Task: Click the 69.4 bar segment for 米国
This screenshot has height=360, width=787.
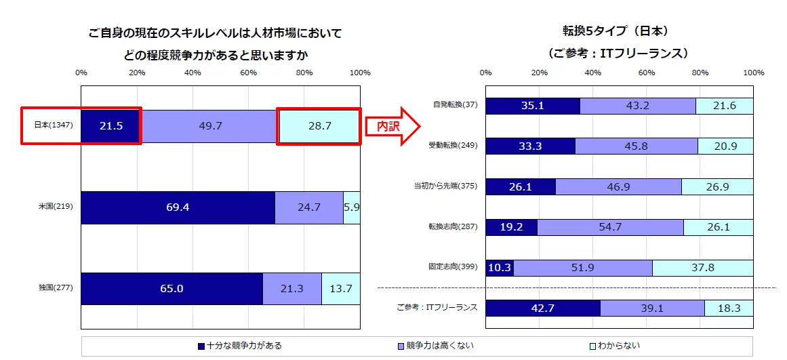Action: tap(178, 207)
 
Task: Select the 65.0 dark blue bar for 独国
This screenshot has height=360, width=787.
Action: tap(171, 289)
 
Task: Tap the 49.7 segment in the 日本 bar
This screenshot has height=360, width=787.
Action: tap(209, 125)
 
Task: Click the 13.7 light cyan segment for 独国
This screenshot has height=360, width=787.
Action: tap(340, 289)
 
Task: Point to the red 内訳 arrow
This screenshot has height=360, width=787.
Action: tap(393, 126)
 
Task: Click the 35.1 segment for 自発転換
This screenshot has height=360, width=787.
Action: tap(533, 106)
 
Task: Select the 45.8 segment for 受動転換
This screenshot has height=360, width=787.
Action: tap(637, 146)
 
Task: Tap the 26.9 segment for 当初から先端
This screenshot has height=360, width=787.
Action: tap(717, 186)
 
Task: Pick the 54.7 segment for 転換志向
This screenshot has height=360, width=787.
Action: tap(610, 227)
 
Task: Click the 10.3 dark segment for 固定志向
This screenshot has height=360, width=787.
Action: tap(500, 268)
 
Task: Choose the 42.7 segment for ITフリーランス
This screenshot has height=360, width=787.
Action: tap(543, 308)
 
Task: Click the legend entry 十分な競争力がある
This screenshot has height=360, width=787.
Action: tap(239, 346)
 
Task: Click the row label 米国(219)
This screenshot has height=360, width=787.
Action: tap(55, 207)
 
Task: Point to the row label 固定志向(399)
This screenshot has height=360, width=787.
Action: tap(453, 267)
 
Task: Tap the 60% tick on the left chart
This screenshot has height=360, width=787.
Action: tap(248, 73)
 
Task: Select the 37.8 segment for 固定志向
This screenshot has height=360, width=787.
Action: tap(702, 268)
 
